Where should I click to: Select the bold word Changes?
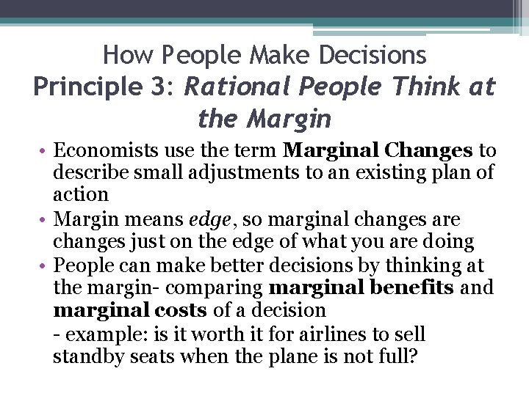pos(430,151)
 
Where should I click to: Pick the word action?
pos(81,195)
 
